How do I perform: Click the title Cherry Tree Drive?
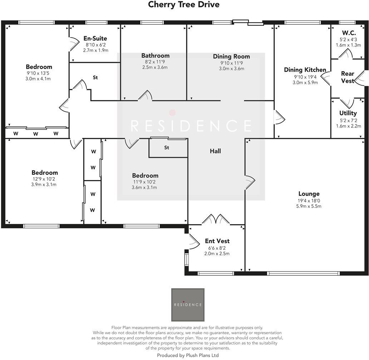pos(184,5)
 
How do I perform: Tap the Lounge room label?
pos(309,194)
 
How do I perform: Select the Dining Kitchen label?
pos(305,70)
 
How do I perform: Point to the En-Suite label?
pos(95,39)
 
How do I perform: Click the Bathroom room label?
pos(155,56)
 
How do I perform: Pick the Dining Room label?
pos(231,56)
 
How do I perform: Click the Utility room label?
pos(348,113)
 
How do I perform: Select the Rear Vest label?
pos(348,77)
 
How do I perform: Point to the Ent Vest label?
pos(217,241)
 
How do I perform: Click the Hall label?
pos(215,151)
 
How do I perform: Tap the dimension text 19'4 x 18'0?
pos(309,200)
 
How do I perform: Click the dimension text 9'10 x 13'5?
pos(39,73)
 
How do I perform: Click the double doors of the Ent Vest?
pos(216,219)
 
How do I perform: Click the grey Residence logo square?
pos(188,305)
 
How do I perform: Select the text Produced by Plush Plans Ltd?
pos(188,355)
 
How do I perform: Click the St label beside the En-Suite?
pos(95,77)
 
